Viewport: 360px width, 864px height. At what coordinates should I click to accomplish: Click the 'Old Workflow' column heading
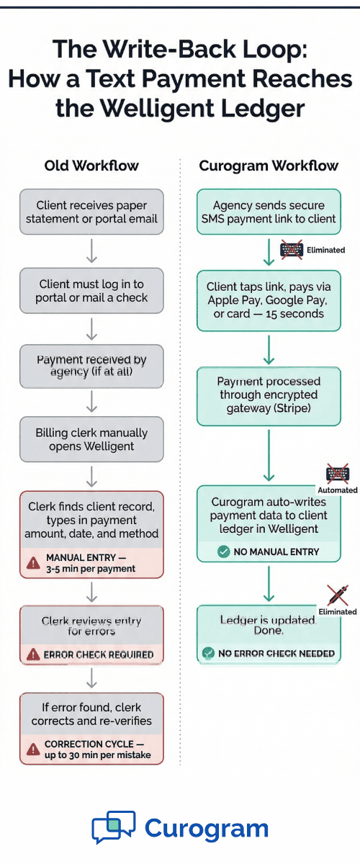tap(91, 166)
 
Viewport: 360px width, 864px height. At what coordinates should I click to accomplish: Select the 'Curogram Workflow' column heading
tap(268, 166)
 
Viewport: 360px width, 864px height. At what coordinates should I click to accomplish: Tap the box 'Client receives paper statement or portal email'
tap(91, 212)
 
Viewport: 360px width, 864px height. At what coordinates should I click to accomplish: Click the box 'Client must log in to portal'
tap(91, 291)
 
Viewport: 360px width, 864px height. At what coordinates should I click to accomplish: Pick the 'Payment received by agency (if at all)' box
tap(91, 365)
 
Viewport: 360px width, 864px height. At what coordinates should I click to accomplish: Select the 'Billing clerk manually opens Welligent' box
tap(91, 439)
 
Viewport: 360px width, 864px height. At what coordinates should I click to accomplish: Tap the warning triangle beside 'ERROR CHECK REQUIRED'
tap(33, 654)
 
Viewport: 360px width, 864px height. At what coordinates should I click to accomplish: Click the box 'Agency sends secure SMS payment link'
tap(269, 212)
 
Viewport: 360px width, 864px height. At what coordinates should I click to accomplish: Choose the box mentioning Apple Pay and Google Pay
tap(269, 300)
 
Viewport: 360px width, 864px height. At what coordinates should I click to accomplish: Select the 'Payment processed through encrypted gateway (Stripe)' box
tap(269, 395)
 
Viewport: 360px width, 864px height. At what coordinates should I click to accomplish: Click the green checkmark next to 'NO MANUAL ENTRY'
tap(222, 552)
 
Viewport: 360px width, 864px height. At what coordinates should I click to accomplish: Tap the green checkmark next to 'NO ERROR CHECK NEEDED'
tap(208, 653)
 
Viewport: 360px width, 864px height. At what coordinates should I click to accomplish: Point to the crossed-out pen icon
tap(338, 595)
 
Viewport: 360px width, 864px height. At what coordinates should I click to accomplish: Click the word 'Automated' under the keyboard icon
tap(338, 490)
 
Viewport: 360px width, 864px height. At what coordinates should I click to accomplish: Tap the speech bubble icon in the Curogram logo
tap(113, 828)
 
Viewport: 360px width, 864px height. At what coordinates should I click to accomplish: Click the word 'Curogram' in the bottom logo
tap(207, 828)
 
